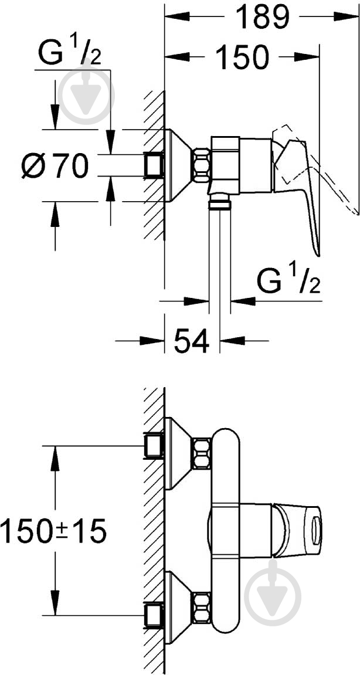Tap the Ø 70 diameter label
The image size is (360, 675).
coord(55,165)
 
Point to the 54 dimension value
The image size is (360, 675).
coord(192,341)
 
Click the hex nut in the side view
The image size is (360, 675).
coord(201,165)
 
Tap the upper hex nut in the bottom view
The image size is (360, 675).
coord(201,453)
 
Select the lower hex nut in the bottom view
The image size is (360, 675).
coord(201,608)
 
